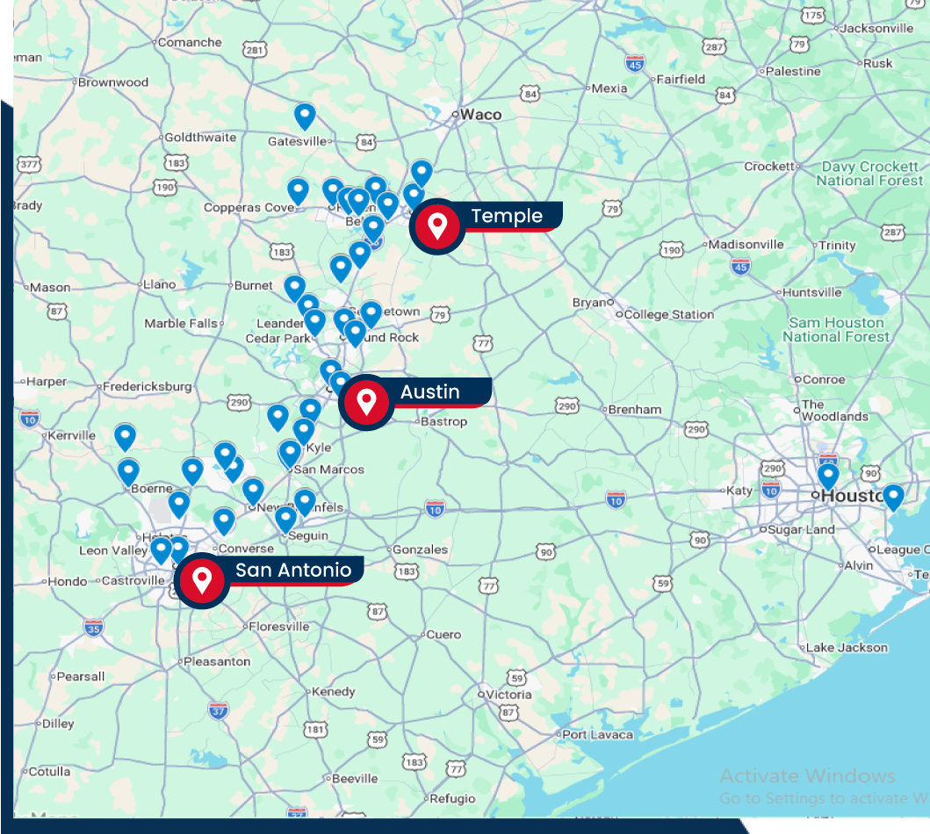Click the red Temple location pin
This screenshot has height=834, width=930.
[437, 226]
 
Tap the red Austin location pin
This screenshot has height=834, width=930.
[367, 401]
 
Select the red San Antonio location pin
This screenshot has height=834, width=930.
[203, 579]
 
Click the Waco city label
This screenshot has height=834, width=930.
[480, 114]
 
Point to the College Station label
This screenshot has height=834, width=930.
[669, 314]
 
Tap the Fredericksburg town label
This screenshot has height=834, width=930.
[147, 386]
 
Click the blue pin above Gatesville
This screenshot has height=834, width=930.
[305, 116]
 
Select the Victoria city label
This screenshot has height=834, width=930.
[508, 694]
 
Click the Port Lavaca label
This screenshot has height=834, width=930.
[597, 735]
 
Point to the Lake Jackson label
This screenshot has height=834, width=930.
[847, 648]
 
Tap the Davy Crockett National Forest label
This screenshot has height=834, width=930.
[869, 174]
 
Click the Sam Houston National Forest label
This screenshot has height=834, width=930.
[836, 330]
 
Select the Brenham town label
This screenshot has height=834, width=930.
[634, 409]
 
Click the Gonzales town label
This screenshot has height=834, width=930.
[420, 550]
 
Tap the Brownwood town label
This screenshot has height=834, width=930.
[113, 83]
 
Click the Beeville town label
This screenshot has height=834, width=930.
[355, 779]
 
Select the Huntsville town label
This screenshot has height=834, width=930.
[811, 292]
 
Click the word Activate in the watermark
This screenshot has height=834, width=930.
[758, 776]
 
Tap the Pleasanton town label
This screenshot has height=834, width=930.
[217, 661]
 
